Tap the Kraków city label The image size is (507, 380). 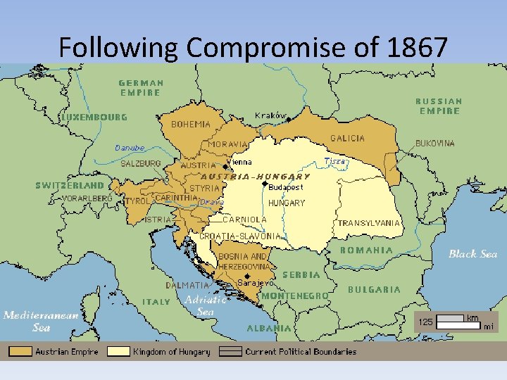271,115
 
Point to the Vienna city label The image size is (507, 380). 240,162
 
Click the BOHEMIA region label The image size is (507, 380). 190,124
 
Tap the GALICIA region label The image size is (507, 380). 348,138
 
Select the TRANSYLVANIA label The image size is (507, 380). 369,223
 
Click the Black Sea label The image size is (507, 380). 472,253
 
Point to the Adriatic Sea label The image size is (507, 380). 206,305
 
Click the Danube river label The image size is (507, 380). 130,148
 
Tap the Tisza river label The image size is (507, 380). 336,161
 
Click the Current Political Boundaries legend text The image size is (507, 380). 301,351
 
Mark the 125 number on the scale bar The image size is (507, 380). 425,322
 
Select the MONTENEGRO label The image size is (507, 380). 294,296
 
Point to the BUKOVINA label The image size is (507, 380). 435,143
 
